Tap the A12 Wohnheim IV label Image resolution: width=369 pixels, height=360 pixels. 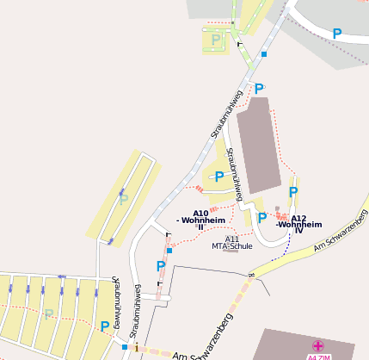pos(298,224)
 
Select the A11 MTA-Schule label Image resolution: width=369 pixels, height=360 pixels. pos(230,243)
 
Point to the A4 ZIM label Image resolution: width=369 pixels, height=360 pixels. pos(317,356)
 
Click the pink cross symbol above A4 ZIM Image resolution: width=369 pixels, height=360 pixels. pos(317,345)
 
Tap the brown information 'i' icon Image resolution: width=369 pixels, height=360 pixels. pos(136,348)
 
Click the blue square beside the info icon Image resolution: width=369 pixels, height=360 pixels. pos(125,347)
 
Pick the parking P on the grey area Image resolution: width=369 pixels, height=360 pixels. pos(337,33)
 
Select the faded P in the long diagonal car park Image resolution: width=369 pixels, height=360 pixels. pos(124,198)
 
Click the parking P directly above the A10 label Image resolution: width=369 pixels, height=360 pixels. pos(219,177)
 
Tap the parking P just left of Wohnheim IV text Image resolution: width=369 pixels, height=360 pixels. pos(262,218)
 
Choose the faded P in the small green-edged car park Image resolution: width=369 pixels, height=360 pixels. pos(215,39)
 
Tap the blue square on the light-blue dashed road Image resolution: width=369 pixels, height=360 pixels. pos(264,54)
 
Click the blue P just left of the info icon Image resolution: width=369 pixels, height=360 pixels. pos(105,326)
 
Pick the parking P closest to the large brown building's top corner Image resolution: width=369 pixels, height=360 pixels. pos(259,88)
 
